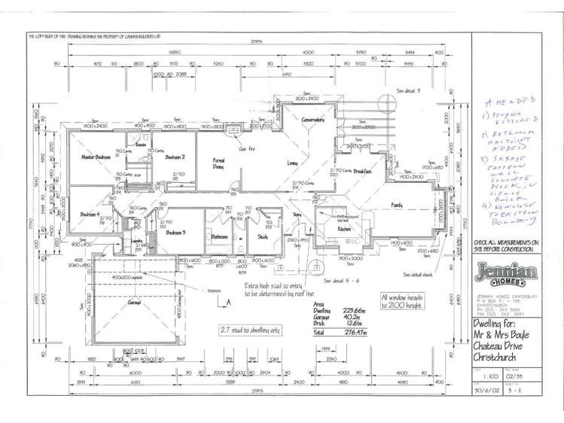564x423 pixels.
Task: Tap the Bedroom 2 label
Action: (x=175, y=157)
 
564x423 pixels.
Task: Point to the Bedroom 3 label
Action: (x=175, y=233)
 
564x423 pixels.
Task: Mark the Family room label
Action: (x=396, y=204)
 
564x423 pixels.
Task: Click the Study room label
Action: (x=262, y=237)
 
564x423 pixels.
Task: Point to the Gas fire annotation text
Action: (x=246, y=149)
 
